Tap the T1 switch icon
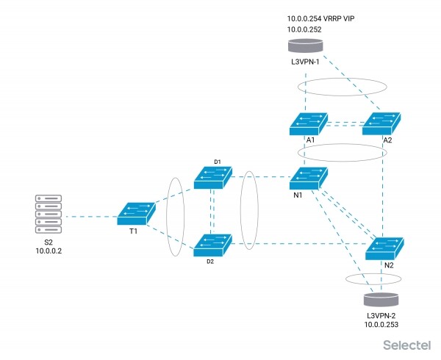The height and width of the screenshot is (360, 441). click(135, 213)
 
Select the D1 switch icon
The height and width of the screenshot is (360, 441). click(213, 176)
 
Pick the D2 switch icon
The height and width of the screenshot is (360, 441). click(213, 245)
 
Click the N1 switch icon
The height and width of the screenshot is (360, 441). click(309, 178)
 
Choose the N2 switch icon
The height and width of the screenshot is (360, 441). click(385, 248)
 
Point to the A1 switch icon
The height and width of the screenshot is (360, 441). click(308, 121)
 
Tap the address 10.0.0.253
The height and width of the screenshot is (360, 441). click(381, 323)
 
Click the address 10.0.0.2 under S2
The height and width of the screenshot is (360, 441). click(50, 251)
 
